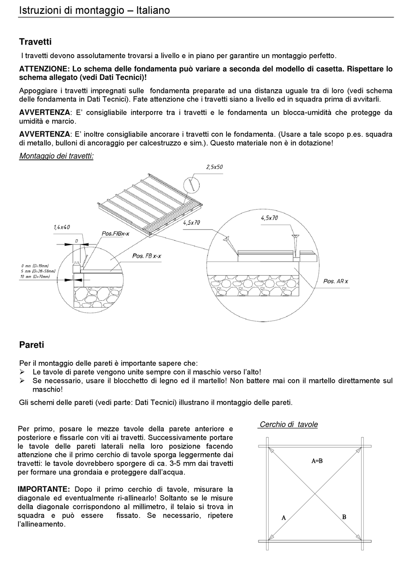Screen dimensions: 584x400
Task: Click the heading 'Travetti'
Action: click(35, 42)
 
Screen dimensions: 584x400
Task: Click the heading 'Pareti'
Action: click(32, 345)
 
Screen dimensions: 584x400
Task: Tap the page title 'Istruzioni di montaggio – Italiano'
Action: click(94, 10)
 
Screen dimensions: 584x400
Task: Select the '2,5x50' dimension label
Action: click(214, 167)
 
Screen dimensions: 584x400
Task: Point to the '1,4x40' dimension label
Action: click(61, 227)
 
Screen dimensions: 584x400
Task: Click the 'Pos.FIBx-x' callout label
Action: click(115, 234)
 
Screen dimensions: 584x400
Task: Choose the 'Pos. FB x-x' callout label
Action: click(147, 256)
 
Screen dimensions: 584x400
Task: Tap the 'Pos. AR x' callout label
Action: click(336, 281)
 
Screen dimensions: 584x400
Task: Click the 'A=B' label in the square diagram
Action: click(317, 461)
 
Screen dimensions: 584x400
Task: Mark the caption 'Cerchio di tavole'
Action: click(288, 425)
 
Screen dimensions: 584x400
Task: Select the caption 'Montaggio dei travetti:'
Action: click(56, 156)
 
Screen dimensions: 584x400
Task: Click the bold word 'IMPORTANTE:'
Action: click(44, 489)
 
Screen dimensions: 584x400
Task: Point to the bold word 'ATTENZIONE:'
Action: click(44, 69)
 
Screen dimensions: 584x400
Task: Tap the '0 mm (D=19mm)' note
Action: click(35, 266)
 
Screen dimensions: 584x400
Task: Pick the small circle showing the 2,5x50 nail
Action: click(192, 184)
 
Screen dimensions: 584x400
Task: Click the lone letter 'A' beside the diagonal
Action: click(284, 518)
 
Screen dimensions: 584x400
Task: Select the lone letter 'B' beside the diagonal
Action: click(344, 517)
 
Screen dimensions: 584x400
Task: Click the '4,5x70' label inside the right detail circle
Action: click(269, 218)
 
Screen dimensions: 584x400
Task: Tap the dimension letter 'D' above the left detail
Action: click(77, 241)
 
